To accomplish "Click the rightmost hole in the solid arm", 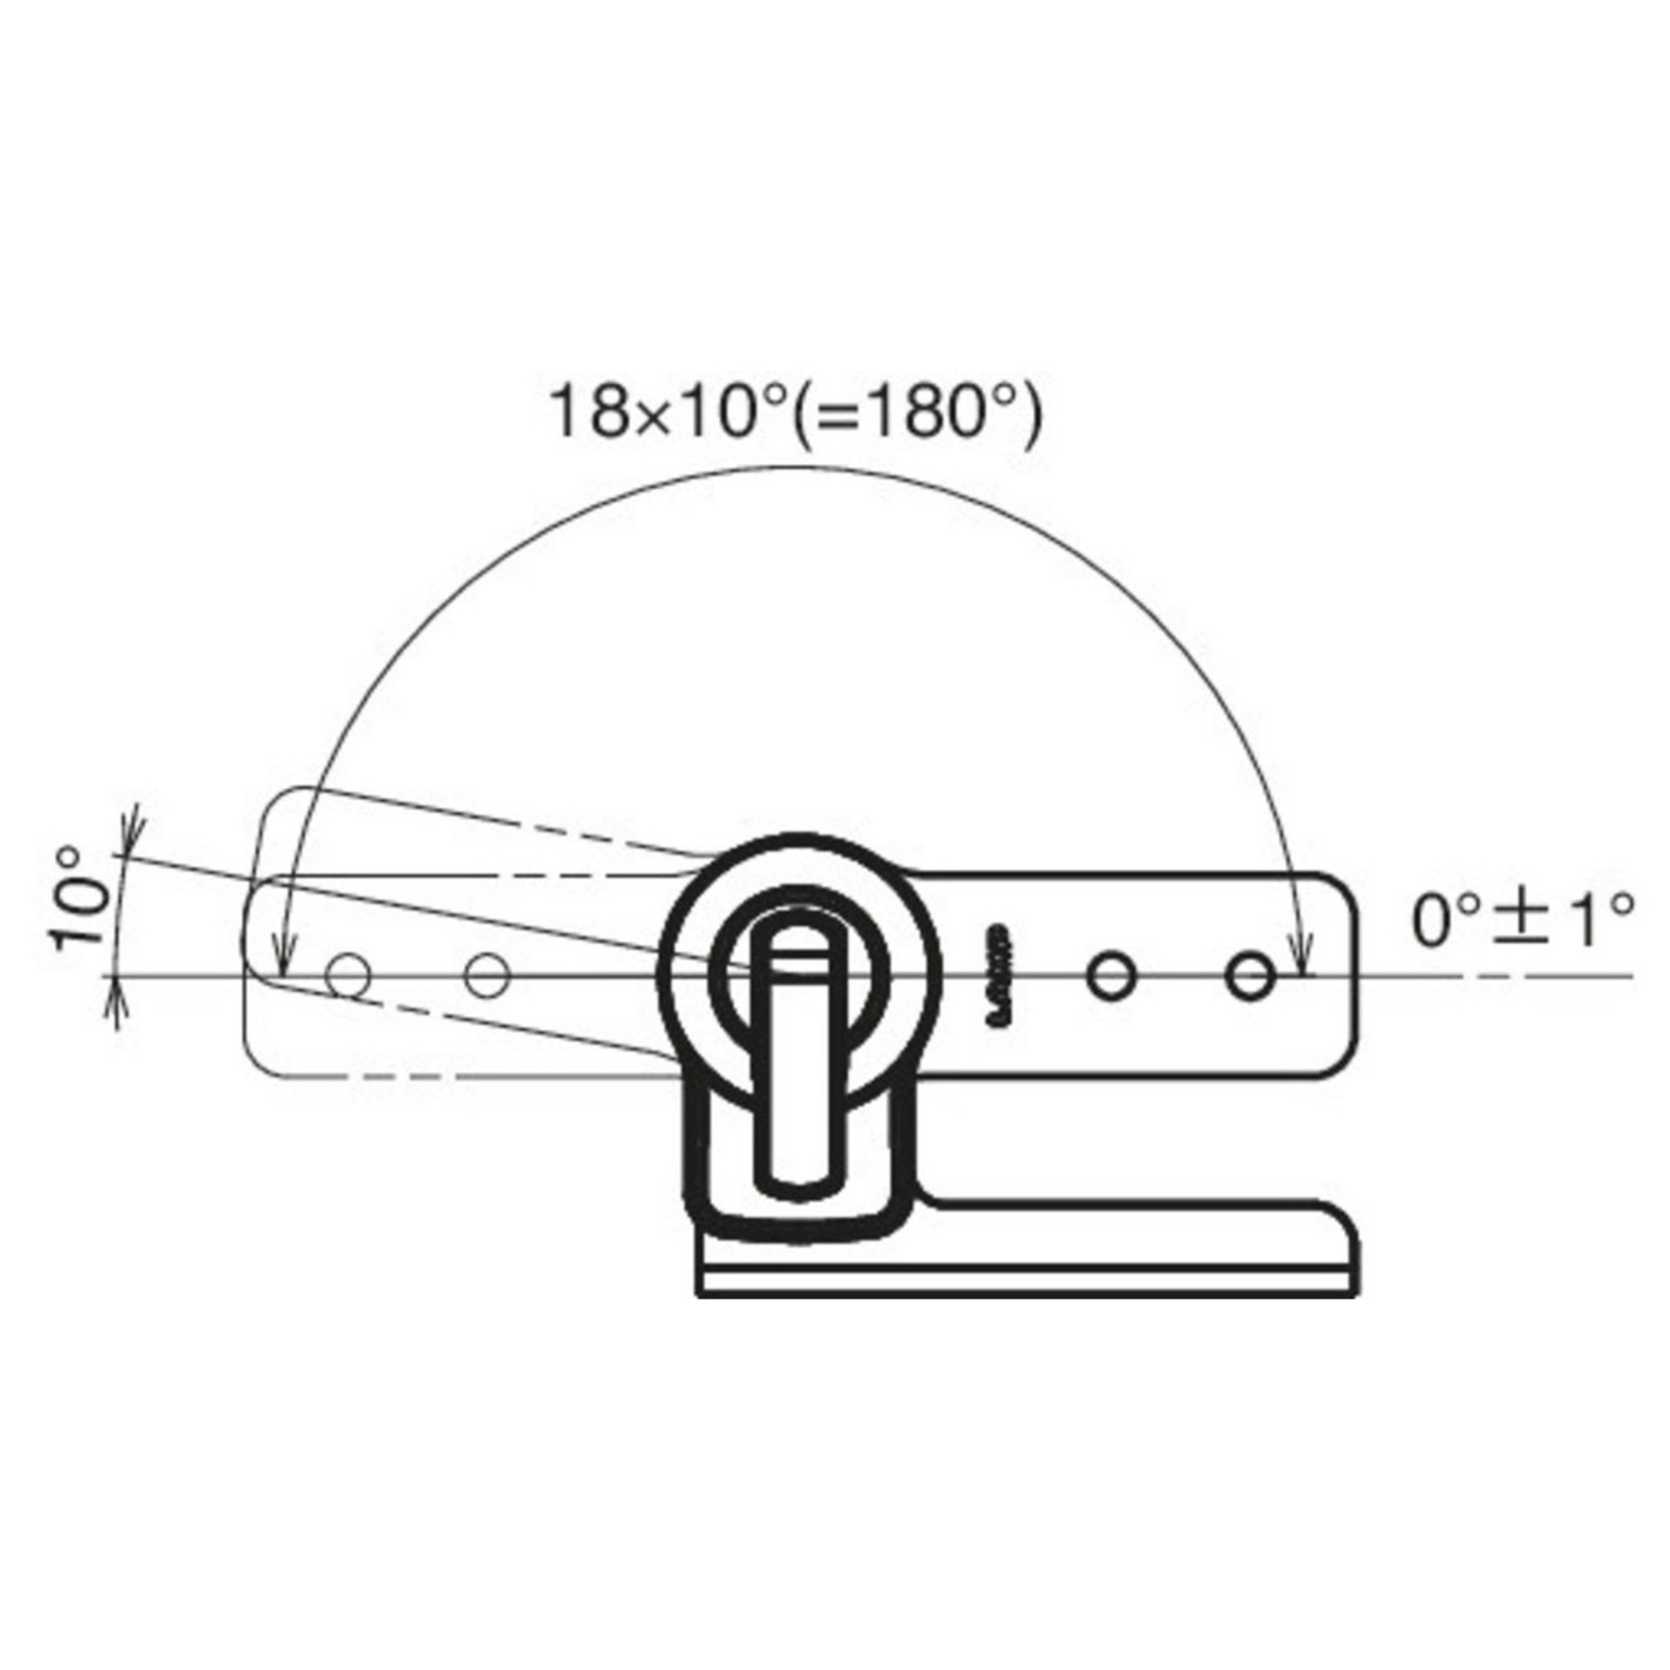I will point(1250,976).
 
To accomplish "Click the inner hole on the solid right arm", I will point(1111,976).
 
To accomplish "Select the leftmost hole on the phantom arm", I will point(347,976).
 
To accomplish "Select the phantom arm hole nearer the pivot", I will point(487,975).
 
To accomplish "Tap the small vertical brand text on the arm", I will point(999,975).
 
